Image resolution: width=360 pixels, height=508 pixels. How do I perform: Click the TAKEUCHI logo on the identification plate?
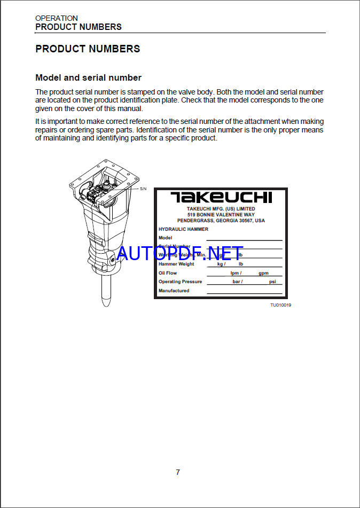(x=221, y=197)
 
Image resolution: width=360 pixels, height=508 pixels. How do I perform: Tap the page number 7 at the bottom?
(x=178, y=472)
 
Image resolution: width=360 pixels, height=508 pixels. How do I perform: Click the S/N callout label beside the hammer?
(x=143, y=189)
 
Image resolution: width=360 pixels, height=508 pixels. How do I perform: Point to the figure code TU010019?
(x=280, y=305)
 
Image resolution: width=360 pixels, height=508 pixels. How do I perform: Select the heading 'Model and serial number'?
(x=88, y=78)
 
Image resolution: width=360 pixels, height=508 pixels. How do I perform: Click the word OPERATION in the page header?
(x=57, y=18)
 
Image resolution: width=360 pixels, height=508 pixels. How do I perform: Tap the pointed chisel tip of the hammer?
(x=106, y=302)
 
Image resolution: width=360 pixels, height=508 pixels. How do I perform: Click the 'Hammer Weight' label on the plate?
(x=176, y=264)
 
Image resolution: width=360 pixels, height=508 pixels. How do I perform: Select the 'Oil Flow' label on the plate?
(x=168, y=273)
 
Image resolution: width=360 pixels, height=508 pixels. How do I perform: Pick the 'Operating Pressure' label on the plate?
(x=180, y=282)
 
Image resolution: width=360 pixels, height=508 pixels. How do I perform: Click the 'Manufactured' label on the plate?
(x=174, y=291)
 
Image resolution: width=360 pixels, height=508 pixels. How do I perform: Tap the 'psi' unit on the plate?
(x=272, y=282)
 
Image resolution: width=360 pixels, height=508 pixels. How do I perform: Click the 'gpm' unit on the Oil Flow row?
(x=263, y=273)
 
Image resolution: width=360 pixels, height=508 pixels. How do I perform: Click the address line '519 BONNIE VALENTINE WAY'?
(x=221, y=214)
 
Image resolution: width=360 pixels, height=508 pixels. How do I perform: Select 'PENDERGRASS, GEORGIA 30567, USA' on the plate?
(x=221, y=220)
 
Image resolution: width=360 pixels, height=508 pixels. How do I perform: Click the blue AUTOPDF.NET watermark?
(x=180, y=253)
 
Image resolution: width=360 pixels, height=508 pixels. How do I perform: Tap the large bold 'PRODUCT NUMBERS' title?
(x=88, y=49)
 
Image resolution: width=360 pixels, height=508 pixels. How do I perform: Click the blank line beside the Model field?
(x=244, y=239)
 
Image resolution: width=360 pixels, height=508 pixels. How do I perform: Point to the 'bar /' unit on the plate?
(x=237, y=282)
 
